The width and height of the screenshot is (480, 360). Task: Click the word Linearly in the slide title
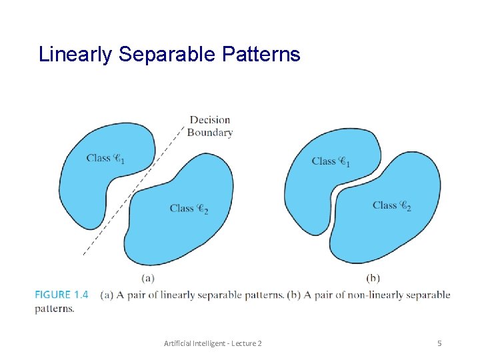click(75, 55)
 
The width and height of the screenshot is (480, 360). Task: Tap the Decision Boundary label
click(210, 126)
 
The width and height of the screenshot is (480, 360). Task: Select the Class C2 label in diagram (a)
click(189, 209)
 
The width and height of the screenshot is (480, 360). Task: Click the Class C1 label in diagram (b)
click(331, 161)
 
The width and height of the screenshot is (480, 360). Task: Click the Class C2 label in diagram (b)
click(391, 206)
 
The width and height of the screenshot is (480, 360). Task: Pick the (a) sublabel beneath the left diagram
click(149, 277)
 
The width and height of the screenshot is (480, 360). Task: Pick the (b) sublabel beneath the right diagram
click(373, 277)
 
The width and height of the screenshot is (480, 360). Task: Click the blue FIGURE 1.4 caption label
click(62, 295)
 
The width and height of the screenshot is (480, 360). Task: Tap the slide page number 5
click(439, 343)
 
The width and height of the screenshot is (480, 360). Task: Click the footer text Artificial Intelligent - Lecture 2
click(213, 343)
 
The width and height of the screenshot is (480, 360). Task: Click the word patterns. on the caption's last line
click(55, 309)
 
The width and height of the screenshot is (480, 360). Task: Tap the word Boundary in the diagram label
click(210, 133)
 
